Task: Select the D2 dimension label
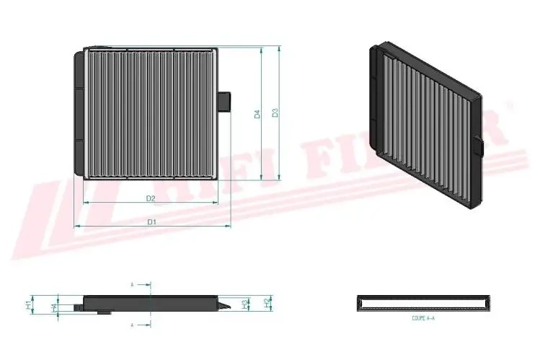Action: (x=151, y=197)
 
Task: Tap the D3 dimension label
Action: (x=275, y=113)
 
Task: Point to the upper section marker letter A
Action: (x=132, y=285)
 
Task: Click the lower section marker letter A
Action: (x=132, y=326)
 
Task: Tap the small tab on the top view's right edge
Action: (x=224, y=100)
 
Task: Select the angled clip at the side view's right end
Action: (x=226, y=306)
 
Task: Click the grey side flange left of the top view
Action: (x=79, y=112)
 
